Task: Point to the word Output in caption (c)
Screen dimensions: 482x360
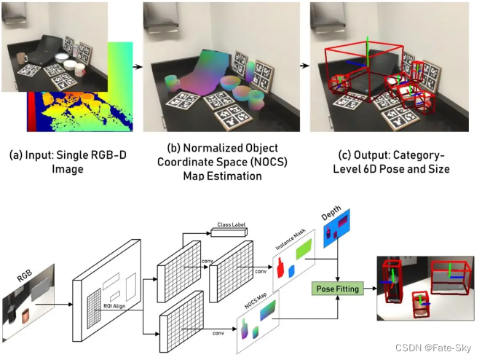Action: pos(352,156)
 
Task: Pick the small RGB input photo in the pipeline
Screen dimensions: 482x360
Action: pos(29,302)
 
